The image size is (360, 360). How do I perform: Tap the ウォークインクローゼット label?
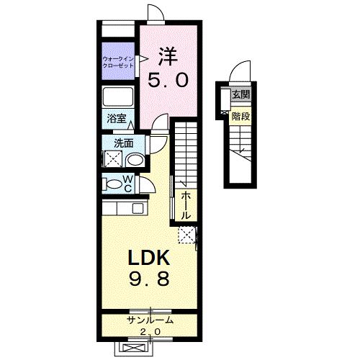(118, 62)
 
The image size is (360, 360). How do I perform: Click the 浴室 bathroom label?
(115, 120)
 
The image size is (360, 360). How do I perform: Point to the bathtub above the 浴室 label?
(118, 96)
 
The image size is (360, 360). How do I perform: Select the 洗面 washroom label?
(114, 143)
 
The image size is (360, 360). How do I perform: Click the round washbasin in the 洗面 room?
(135, 159)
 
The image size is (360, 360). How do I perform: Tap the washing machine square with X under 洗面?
(113, 160)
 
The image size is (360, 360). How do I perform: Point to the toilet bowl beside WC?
(113, 184)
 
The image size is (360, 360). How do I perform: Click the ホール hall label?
(186, 205)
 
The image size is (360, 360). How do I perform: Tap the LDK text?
(149, 257)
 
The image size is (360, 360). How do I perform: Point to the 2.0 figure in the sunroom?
(149, 331)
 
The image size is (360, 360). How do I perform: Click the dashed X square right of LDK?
(187, 234)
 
